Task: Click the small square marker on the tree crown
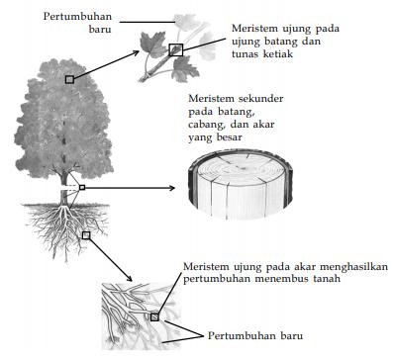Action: (x=69, y=78)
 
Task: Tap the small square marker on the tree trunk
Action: (x=82, y=186)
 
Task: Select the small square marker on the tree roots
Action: (x=86, y=235)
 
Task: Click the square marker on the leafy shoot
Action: (x=176, y=48)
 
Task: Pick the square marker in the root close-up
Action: (x=154, y=316)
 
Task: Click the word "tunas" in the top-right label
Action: (x=245, y=57)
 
